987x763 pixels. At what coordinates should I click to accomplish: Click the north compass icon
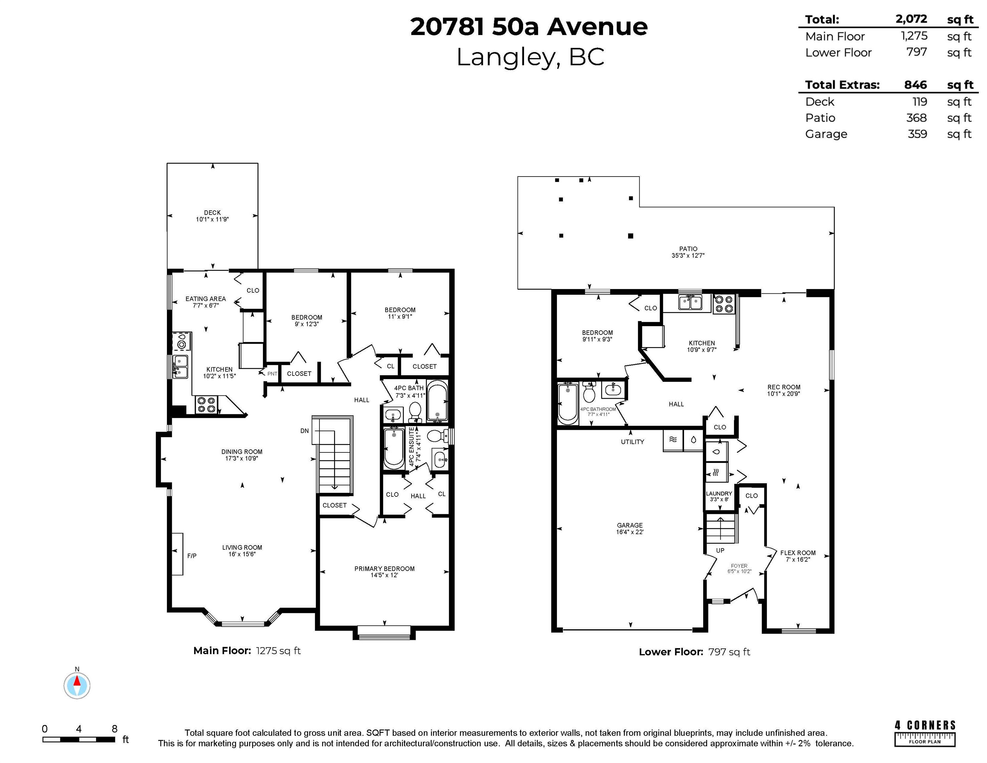point(77,685)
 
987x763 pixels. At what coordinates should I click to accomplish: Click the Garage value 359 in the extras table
point(917,134)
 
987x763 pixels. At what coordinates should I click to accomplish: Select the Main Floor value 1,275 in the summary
point(914,36)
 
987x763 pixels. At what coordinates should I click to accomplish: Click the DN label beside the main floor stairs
point(305,431)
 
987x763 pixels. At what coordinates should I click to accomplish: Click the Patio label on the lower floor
point(688,249)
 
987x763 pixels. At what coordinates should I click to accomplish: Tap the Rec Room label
point(784,387)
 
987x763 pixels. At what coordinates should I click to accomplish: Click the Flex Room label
point(798,553)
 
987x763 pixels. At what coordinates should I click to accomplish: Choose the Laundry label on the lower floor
point(719,494)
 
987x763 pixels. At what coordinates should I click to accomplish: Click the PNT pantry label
point(272,374)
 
